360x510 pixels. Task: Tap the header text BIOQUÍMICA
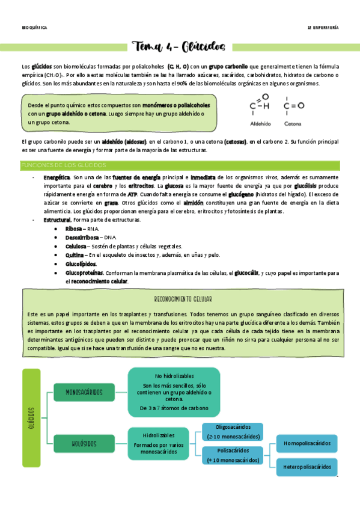point(34,28)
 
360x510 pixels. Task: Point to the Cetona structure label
point(293,124)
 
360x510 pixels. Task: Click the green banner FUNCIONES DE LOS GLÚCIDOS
point(64,165)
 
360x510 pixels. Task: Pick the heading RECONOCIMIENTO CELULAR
point(181,299)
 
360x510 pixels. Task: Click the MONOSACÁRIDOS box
point(84,393)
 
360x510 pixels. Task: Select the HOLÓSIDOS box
point(84,443)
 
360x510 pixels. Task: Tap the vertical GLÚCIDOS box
point(31,418)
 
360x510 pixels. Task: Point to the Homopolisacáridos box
point(307,444)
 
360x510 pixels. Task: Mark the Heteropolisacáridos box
point(307,467)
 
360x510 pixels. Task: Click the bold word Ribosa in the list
point(74,229)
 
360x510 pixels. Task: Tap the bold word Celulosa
point(76,247)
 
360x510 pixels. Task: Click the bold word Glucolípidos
point(81,264)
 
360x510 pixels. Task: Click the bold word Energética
point(56,177)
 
